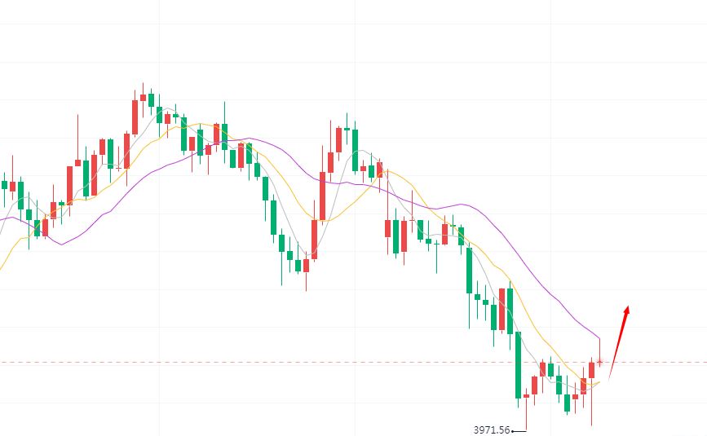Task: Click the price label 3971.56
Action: coord(491,429)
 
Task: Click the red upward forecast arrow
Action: coord(617,341)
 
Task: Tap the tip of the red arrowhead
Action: coord(627,306)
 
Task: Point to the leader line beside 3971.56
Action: coord(519,430)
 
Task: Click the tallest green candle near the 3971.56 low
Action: coord(518,365)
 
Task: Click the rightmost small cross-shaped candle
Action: coord(599,362)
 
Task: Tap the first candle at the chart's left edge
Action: coord(4,185)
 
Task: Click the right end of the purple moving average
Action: coord(599,337)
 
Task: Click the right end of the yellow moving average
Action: coord(599,381)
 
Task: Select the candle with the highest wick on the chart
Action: coord(143,97)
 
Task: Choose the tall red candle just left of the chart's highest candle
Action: coord(135,117)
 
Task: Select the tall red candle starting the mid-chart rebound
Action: coord(322,196)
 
